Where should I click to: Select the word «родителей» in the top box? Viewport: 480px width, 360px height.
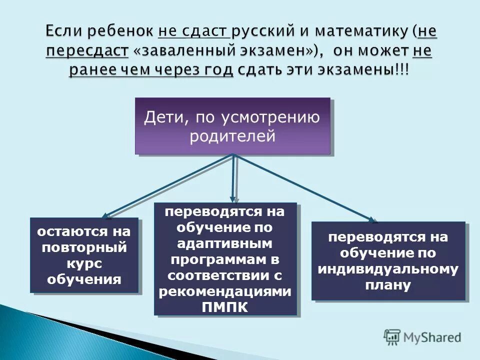coord(232,136)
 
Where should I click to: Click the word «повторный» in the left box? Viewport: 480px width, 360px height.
coord(84,247)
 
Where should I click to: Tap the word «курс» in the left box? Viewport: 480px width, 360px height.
coord(84,262)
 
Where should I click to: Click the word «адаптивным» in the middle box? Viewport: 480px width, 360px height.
coord(225,244)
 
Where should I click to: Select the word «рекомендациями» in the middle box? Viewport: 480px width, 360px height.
coord(225,291)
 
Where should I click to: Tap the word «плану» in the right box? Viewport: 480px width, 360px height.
coord(388,285)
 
